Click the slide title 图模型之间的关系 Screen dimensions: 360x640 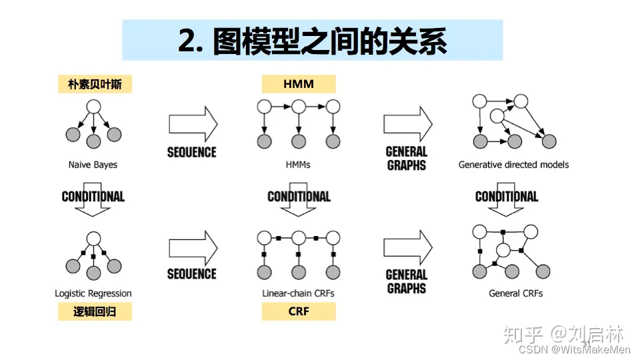pyautogui.click(x=312, y=41)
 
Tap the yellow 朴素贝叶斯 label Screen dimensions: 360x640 pyautogui.click(x=95, y=84)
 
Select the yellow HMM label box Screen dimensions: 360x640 pyautogui.click(x=298, y=84)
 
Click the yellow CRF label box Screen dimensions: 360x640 pyautogui.click(x=298, y=311)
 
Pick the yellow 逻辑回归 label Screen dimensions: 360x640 pyautogui.click(x=93, y=311)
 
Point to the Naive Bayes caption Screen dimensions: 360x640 pyautogui.click(x=93, y=165)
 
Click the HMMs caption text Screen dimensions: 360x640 pyautogui.click(x=298, y=165)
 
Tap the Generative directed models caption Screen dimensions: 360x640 pyautogui.click(x=513, y=165)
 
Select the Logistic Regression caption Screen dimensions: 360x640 pyautogui.click(x=93, y=293)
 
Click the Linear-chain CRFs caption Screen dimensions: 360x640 pyautogui.click(x=298, y=293)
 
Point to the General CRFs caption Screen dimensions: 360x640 pyautogui.click(x=515, y=293)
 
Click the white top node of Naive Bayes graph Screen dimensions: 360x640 pyautogui.click(x=93, y=107)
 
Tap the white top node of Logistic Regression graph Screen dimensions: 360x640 pyautogui.click(x=93, y=238)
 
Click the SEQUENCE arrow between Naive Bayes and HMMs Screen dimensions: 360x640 pyautogui.click(x=193, y=124)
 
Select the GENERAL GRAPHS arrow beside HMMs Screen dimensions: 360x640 pyautogui.click(x=407, y=124)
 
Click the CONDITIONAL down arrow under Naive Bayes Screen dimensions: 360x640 pyautogui.click(x=93, y=203)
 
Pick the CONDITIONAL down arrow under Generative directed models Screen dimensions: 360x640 pyautogui.click(x=507, y=203)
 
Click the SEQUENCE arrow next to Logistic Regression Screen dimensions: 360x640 pyautogui.click(x=193, y=249)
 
